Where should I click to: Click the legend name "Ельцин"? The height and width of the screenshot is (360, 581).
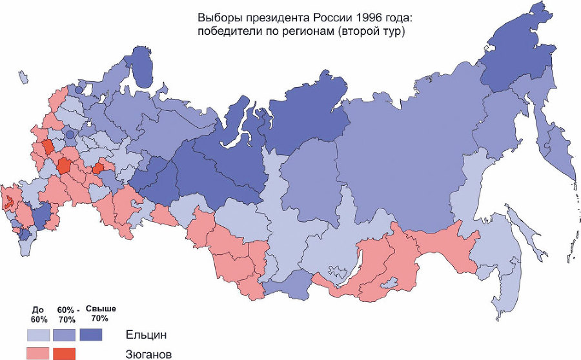[146, 335]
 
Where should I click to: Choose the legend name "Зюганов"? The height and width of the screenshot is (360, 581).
[149, 354]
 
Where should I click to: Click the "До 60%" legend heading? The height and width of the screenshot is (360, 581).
[38, 314]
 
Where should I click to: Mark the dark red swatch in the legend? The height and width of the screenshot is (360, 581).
[64, 353]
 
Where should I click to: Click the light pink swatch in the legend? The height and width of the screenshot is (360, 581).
[38, 353]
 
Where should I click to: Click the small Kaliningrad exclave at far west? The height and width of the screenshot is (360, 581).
[23, 77]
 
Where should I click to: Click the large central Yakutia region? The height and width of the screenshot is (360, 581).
[400, 161]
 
